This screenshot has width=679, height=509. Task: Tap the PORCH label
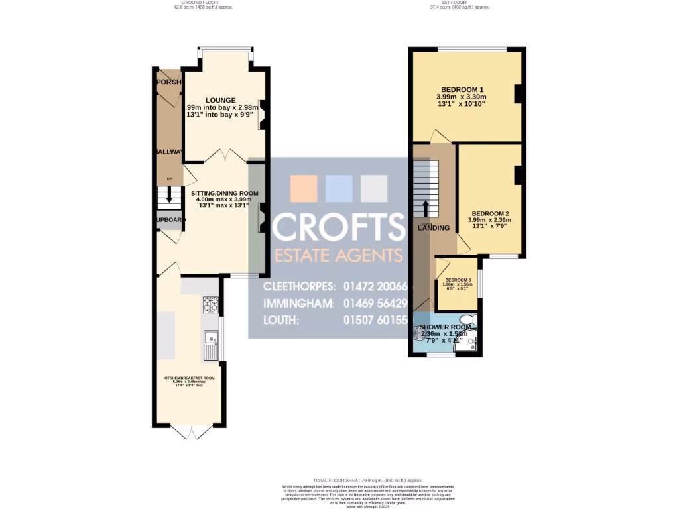coord(168,82)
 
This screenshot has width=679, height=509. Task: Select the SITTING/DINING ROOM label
coord(225,194)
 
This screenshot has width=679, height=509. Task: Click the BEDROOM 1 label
coord(463,90)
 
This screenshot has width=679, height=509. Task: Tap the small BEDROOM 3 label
coord(458,280)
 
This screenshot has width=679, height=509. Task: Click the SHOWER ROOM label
coord(445,327)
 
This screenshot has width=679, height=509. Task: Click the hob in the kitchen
coord(210,305)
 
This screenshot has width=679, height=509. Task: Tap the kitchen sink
coord(211,345)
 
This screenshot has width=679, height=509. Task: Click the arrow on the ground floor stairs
coord(169,197)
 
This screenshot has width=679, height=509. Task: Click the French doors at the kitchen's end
coord(191,432)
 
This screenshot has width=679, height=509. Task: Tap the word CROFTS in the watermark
coord(338,227)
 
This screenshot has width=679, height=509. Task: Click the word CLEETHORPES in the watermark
coord(298,287)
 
